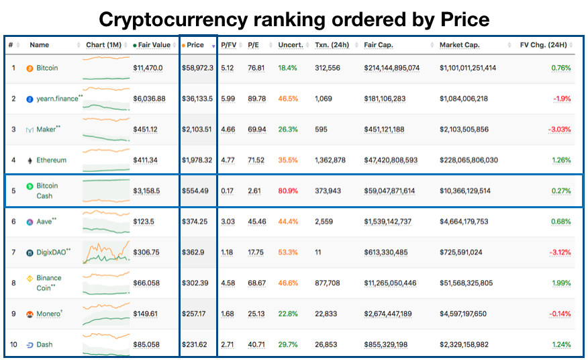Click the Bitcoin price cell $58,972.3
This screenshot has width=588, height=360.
click(x=197, y=68)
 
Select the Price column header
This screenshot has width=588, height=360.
click(x=195, y=45)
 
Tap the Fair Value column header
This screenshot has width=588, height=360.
click(x=154, y=45)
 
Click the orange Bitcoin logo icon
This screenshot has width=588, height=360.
click(x=30, y=69)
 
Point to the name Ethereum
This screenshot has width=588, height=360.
click(x=52, y=161)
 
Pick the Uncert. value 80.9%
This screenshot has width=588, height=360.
click(x=288, y=191)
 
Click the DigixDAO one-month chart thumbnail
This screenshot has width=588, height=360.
click(x=106, y=253)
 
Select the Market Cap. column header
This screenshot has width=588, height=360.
click(x=459, y=45)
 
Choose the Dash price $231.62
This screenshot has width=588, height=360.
click(x=194, y=345)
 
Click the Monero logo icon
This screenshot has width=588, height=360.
click(x=30, y=314)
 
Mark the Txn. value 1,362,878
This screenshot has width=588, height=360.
click(x=330, y=161)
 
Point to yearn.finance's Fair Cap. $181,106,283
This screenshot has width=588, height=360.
click(x=385, y=99)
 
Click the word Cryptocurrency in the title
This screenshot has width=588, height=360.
click(x=174, y=19)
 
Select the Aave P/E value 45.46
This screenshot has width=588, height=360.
click(x=257, y=222)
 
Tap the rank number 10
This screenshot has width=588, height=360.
click(x=13, y=345)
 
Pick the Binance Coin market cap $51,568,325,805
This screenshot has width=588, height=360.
click(x=466, y=283)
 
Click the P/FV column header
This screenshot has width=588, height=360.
click(x=228, y=45)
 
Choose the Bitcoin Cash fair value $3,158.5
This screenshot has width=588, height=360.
click(x=146, y=191)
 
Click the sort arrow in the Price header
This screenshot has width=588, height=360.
click(x=213, y=46)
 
